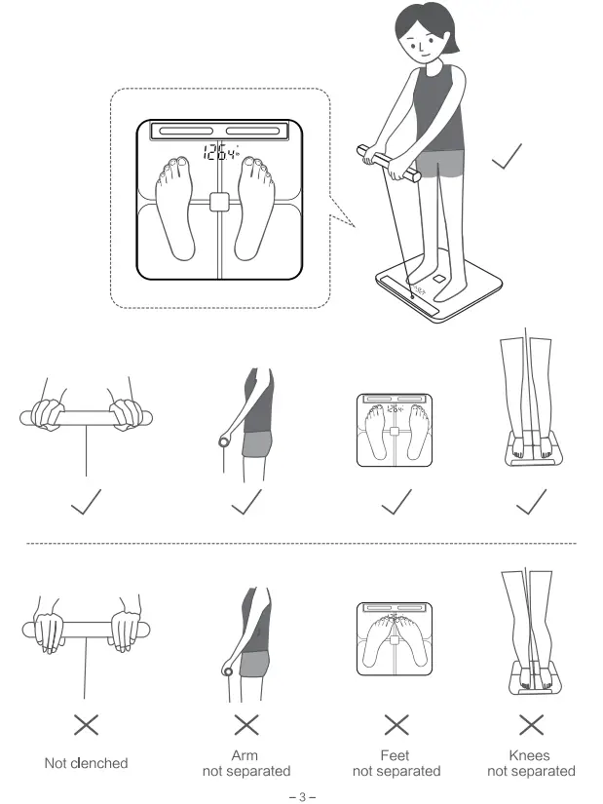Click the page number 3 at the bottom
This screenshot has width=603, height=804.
click(302, 797)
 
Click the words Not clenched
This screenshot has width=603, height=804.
click(87, 763)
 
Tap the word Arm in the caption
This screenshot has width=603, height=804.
click(246, 755)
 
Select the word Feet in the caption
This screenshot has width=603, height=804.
click(396, 755)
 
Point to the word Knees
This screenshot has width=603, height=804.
click(531, 755)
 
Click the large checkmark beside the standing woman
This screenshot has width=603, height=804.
click(507, 158)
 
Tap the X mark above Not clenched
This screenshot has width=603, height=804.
click(87, 724)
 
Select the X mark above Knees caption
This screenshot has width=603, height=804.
click(531, 724)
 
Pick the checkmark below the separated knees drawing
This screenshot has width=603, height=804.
click(532, 502)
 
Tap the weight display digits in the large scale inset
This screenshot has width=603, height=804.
click(220, 151)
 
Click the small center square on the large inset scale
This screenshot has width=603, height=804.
click(220, 202)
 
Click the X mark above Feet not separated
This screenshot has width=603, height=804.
click(396, 724)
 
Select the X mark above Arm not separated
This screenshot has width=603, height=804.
click(246, 724)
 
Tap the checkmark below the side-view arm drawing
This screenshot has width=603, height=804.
click(247, 502)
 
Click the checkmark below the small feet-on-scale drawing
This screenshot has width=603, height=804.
click(396, 502)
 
